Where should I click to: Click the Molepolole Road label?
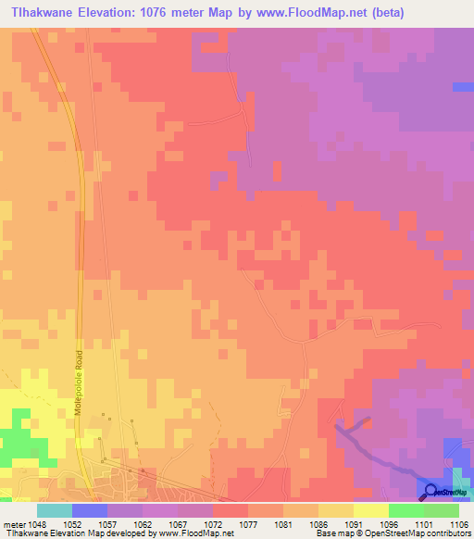pyautogui.click(x=81, y=381)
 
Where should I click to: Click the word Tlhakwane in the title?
pyautogui.click(x=42, y=14)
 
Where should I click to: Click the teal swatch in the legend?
pyautogui.click(x=54, y=510)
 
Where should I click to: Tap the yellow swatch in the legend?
pyautogui.click(x=370, y=510)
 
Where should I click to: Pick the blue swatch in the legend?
pyautogui.click(x=89, y=510)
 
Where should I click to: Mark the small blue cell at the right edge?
pyautogui.click(x=463, y=87)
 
